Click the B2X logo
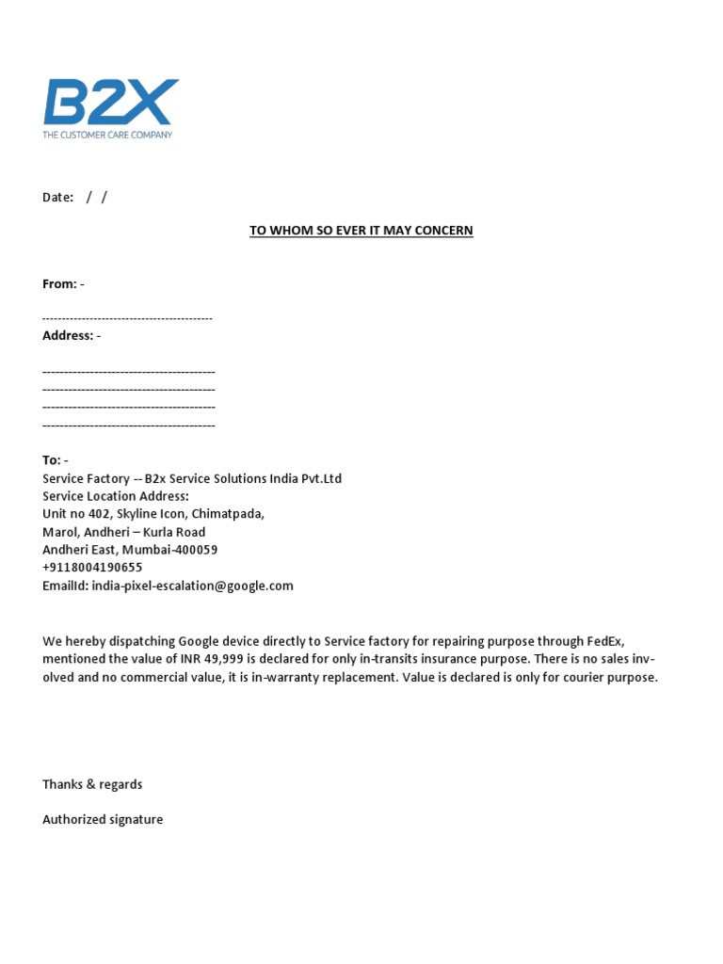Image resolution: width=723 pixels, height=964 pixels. click(110, 103)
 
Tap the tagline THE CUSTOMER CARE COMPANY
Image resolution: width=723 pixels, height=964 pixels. click(107, 135)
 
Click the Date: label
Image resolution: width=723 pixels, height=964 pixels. click(57, 198)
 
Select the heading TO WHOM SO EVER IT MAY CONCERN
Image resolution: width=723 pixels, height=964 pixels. click(361, 230)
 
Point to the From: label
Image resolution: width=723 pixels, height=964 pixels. click(59, 283)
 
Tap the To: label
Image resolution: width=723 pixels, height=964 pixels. click(52, 459)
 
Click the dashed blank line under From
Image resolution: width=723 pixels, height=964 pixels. click(127, 318)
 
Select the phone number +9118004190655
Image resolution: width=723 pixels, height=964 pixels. click(92, 568)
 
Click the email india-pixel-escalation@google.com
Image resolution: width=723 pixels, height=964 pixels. click(193, 586)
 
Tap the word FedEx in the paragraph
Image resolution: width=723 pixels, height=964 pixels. click(603, 641)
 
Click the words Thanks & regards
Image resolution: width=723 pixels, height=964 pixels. click(92, 784)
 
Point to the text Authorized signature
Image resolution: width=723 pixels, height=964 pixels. click(103, 819)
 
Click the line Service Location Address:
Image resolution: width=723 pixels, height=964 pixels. click(116, 496)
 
